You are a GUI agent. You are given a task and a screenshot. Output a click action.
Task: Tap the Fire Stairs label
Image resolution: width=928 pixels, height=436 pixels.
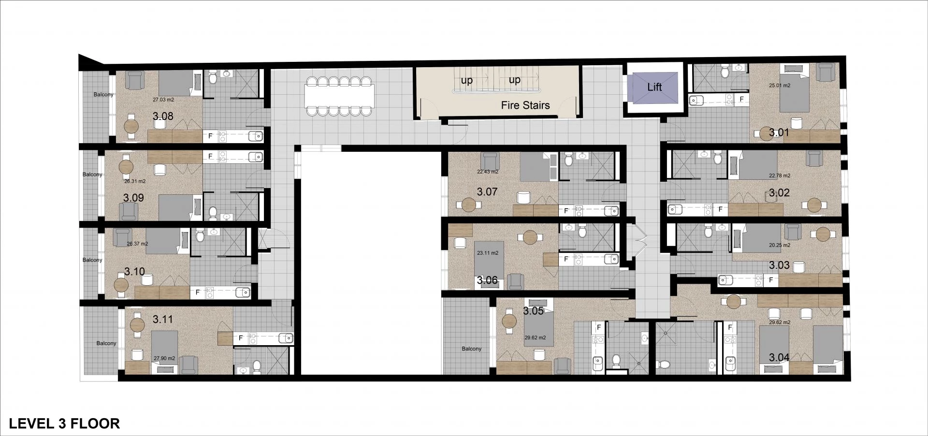pos(525,105)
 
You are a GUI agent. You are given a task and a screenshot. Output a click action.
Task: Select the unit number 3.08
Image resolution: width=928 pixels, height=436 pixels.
pos(163,116)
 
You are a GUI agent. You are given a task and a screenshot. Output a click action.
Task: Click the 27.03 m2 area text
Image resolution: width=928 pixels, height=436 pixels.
pos(163,100)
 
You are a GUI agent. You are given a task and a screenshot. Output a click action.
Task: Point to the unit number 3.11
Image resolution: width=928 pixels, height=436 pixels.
pos(162,320)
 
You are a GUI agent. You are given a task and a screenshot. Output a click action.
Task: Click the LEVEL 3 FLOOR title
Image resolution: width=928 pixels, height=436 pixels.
pos(64,423)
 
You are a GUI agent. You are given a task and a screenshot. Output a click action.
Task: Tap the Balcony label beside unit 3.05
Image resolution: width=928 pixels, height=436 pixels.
pos(471,349)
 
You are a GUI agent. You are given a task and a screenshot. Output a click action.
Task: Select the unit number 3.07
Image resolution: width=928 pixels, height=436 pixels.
pos(487,192)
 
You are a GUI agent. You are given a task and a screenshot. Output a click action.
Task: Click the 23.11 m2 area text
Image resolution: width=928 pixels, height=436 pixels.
pos(487,253)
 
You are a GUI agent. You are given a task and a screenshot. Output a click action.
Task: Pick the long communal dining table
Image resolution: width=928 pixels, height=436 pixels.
pos(339,96)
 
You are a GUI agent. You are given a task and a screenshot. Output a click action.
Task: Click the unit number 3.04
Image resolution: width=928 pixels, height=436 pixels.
pos(779,358)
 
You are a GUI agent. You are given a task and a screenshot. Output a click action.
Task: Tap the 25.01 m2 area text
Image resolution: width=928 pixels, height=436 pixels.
pos(780,86)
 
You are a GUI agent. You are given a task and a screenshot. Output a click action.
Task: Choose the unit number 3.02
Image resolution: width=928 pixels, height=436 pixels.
pos(779,193)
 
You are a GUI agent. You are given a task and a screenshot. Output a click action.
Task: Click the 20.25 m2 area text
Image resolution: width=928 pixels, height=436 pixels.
pos(780,245)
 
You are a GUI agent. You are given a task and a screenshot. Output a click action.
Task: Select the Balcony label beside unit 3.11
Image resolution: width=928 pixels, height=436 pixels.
pos(106,343)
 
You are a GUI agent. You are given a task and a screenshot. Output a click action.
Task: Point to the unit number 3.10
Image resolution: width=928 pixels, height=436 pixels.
pos(134,272)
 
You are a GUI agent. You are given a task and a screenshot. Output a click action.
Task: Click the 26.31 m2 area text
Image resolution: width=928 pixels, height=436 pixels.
pos(135,181)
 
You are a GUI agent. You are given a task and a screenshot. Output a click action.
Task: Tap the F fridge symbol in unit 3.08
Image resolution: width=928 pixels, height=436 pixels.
pos(210,136)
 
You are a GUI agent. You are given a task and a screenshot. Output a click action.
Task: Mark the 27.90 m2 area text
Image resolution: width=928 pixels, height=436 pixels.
pos(164,359)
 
